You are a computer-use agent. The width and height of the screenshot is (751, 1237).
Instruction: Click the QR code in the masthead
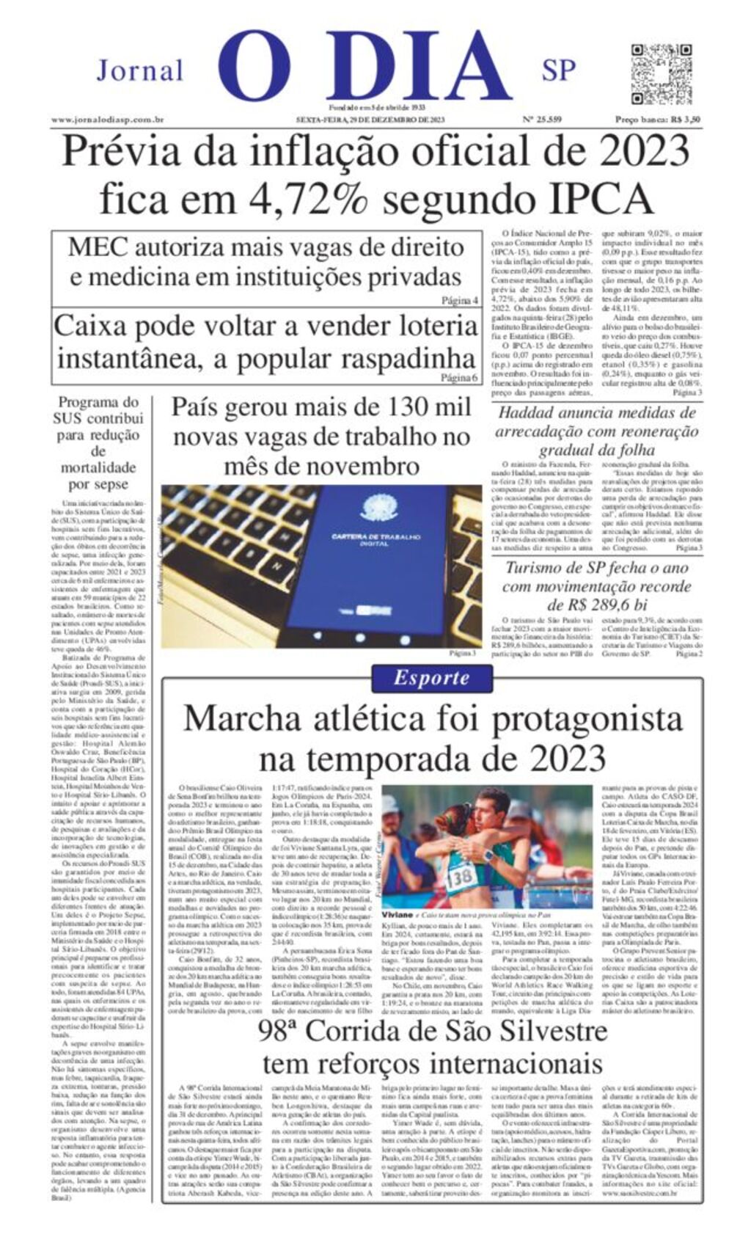click(x=661, y=74)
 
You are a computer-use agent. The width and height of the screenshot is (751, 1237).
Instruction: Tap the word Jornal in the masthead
click(x=139, y=70)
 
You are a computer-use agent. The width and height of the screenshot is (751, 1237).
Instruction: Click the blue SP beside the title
click(x=559, y=70)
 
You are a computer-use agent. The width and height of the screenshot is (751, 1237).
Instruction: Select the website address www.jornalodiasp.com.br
click(x=107, y=119)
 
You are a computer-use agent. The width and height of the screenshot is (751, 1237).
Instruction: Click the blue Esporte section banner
click(x=431, y=677)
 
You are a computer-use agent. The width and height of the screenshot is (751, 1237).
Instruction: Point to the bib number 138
click(x=461, y=876)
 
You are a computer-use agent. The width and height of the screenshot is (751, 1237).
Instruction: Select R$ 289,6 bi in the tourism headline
click(x=598, y=605)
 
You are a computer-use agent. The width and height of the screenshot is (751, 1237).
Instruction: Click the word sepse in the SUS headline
click(x=110, y=484)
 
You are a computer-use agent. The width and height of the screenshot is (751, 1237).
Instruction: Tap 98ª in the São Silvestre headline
click(x=277, y=1031)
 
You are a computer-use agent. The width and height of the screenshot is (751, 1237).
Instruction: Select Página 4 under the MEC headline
click(x=459, y=300)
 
